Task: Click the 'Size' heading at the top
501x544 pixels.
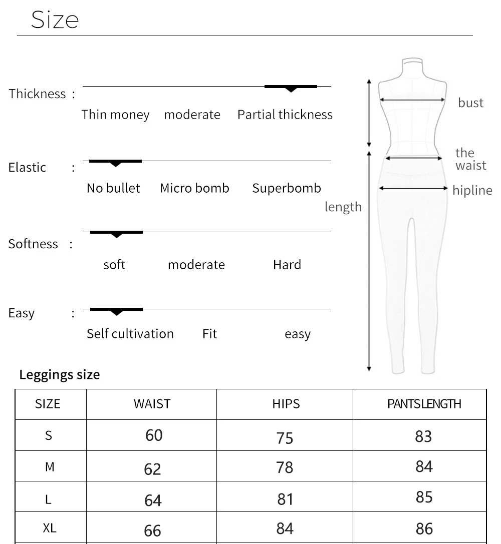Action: coord(55,20)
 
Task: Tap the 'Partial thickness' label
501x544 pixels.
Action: coord(285,115)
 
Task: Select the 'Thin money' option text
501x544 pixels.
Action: coord(115,115)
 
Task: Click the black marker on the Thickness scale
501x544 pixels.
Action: coord(291,88)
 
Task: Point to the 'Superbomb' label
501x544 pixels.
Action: coord(287,188)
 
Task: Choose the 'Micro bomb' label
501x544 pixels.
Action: coord(194,188)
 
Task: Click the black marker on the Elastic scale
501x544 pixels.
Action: coord(115,162)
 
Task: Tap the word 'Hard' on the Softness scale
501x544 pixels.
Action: coord(287,264)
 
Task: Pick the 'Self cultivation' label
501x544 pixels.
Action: coord(130,334)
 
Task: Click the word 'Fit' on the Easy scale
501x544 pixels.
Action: coord(209,334)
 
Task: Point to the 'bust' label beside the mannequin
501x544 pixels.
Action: coord(470,103)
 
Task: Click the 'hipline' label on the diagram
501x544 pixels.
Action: coord(472,190)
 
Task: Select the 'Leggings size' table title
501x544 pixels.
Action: coord(60,374)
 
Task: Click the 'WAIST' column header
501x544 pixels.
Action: coord(152,404)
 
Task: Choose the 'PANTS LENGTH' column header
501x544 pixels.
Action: coord(424,404)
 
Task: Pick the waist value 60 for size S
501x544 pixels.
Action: coord(154,435)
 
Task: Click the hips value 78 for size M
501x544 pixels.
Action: coord(285,467)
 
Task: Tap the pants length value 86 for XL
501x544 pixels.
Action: coord(424,528)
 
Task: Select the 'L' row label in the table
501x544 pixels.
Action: coord(49,499)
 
